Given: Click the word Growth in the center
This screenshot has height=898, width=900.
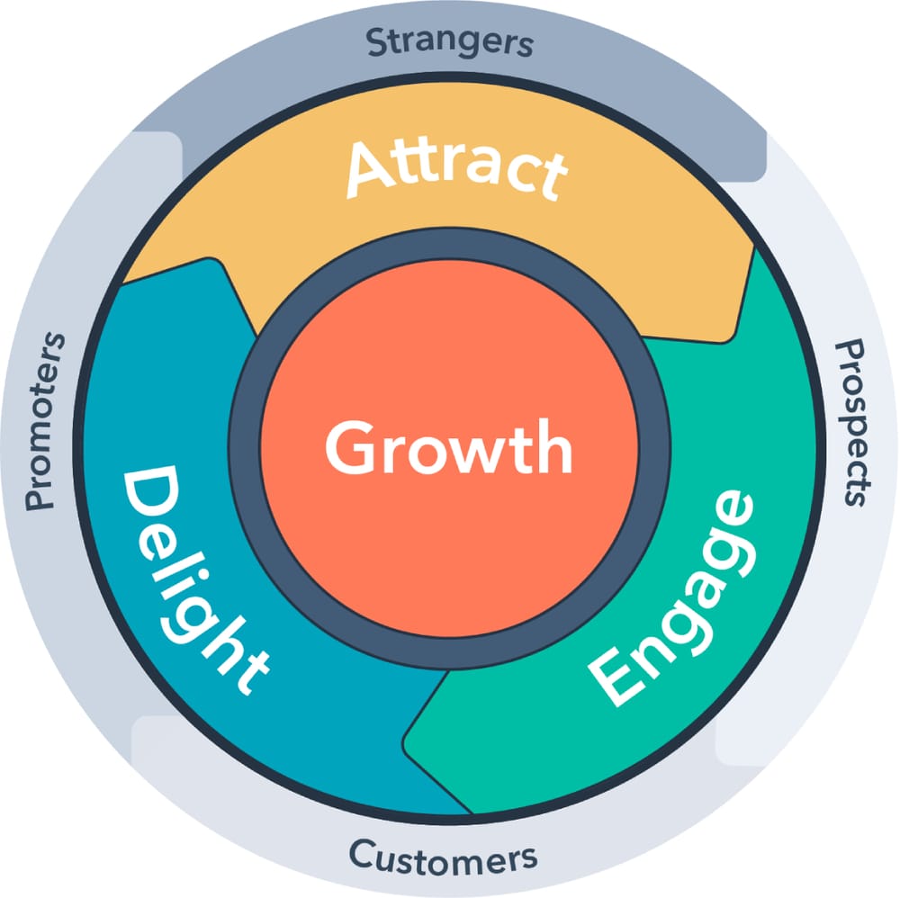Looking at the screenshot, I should (x=448, y=447).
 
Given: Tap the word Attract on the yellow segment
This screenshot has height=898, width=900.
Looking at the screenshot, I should (x=457, y=169).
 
